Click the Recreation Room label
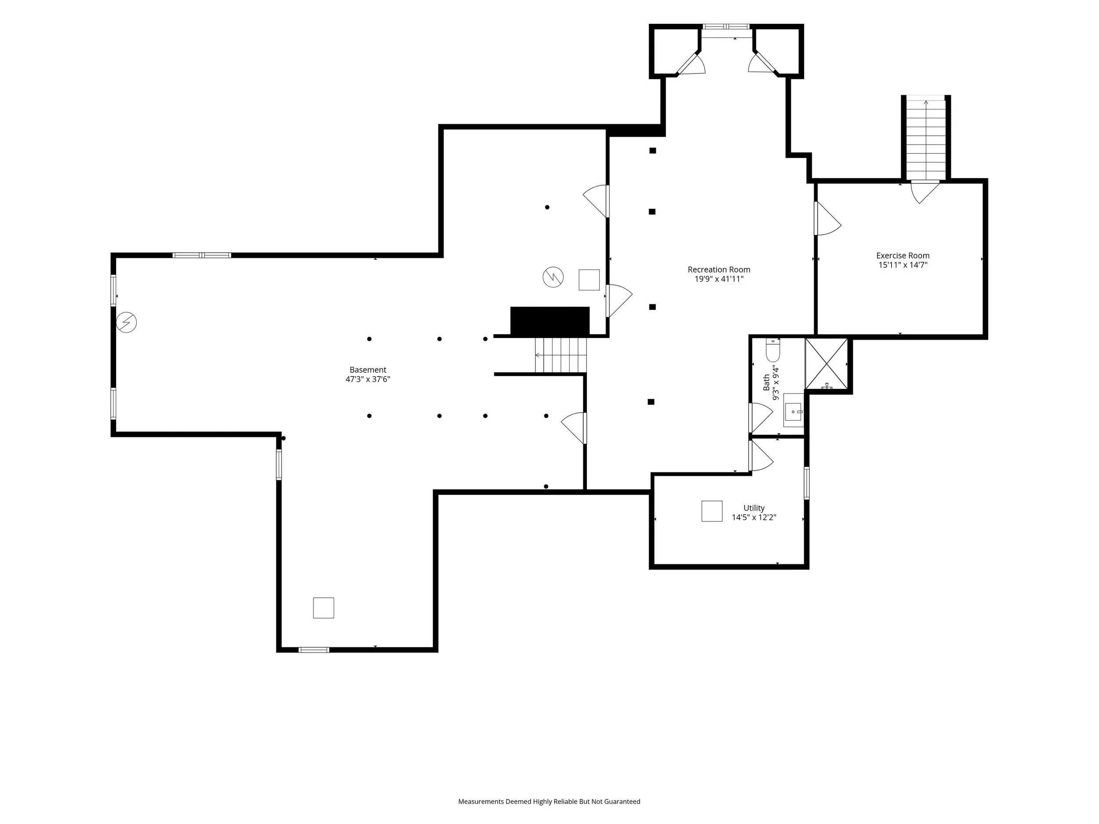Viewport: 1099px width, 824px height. pyautogui.click(x=718, y=270)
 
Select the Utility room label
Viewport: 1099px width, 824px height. pyautogui.click(x=754, y=508)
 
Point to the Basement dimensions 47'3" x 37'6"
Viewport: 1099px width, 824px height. pyautogui.click(x=368, y=379)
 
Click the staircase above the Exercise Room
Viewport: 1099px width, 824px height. pyautogui.click(x=926, y=138)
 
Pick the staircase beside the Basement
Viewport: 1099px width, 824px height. pyautogui.click(x=560, y=355)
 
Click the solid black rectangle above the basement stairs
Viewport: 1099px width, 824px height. pyautogui.click(x=550, y=321)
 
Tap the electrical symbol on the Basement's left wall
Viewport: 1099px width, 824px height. pyautogui.click(x=126, y=322)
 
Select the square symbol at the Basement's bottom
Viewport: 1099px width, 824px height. pyautogui.click(x=324, y=608)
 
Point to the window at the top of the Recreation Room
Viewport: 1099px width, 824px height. pyautogui.click(x=726, y=27)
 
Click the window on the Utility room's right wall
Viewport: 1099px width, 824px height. pyautogui.click(x=806, y=483)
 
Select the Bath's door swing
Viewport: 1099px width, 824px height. pyautogui.click(x=761, y=417)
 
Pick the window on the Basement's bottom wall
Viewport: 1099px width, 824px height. pyautogui.click(x=313, y=650)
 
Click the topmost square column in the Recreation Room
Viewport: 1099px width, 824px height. pyautogui.click(x=653, y=150)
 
